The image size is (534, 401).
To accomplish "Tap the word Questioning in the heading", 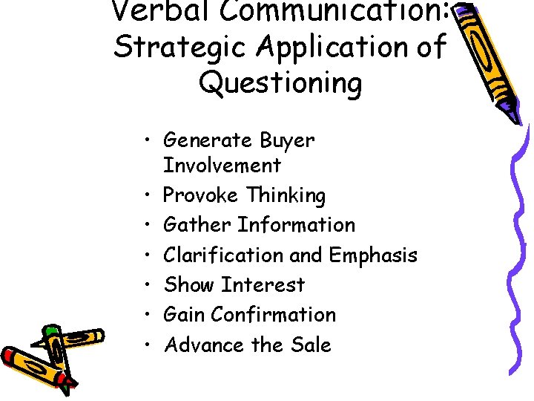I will tap(280, 82).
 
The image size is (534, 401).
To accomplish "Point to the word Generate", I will tap(208, 140).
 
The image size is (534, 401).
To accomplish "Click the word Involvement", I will tap(222, 165).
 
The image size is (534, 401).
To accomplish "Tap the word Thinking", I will tap(286, 195).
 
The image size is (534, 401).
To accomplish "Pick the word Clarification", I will tap(222, 255).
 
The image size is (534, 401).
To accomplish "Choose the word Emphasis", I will tap(373, 255).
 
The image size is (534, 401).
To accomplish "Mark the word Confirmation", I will tap(273, 315).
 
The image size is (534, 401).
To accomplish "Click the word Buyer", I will tap(287, 140).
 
